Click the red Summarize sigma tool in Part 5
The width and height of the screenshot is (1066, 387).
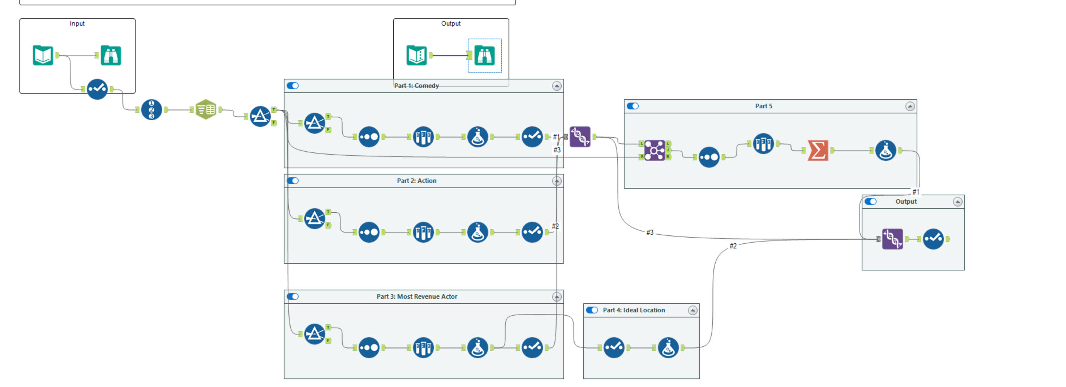point(818,150)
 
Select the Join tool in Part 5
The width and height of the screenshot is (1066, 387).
point(654,150)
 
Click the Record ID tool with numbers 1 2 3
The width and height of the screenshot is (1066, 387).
point(151,109)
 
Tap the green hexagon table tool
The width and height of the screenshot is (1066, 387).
point(206,109)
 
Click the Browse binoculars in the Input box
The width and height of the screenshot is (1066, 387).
point(111,55)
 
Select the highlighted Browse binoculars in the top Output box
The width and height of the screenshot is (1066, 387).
point(485,55)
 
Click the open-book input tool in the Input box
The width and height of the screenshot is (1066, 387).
point(43,55)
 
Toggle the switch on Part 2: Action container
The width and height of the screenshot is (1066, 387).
point(293,181)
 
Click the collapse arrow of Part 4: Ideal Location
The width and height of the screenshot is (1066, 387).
point(692,310)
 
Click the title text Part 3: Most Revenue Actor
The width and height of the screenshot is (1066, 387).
point(416,296)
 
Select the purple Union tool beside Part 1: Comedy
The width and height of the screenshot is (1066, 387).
point(580,137)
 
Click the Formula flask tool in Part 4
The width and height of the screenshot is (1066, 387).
point(668,348)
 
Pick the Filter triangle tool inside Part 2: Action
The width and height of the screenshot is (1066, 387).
point(314,218)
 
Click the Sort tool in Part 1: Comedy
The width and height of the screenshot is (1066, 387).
point(423,137)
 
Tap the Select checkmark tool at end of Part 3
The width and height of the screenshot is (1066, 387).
point(532,348)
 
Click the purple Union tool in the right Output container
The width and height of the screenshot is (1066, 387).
point(892,239)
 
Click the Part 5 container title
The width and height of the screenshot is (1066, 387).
point(763,106)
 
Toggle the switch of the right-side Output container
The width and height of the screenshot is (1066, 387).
point(871,202)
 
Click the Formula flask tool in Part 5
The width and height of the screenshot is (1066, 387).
point(885,150)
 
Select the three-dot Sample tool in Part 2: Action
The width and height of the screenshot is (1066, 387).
point(369,232)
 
